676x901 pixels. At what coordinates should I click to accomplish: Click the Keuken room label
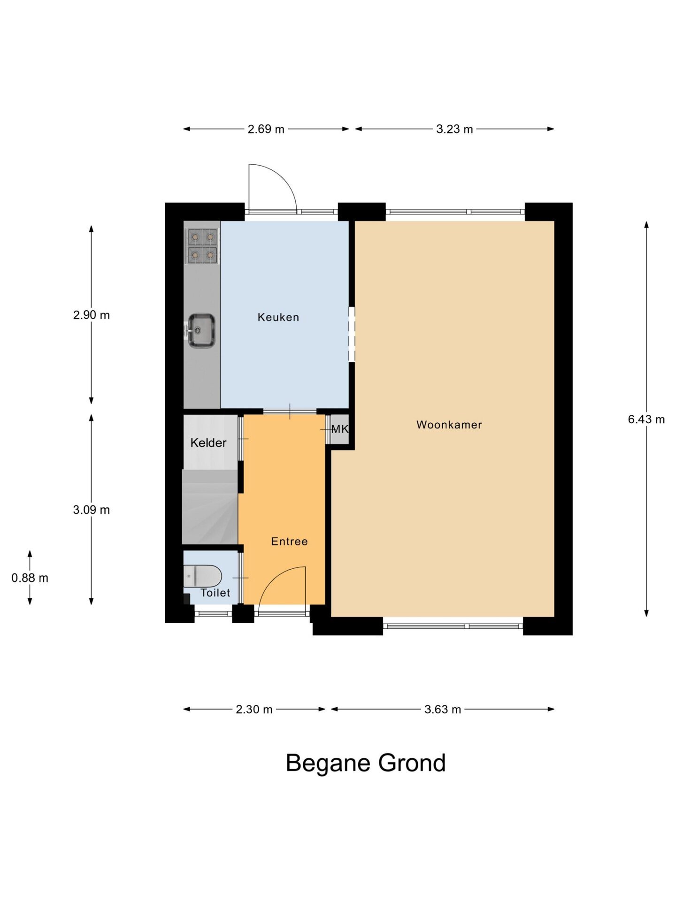point(278,317)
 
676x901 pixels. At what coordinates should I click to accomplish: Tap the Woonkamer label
point(449,425)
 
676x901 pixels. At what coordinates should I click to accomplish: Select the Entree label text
point(289,541)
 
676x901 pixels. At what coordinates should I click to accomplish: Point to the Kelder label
point(208,443)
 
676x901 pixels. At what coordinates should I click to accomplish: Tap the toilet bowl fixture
point(203,575)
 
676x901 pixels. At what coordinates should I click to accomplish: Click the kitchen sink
point(202,330)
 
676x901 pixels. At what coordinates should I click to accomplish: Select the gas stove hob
point(203,246)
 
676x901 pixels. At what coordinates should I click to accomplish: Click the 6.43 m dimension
point(646,419)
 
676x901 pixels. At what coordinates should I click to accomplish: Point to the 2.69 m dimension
point(266,129)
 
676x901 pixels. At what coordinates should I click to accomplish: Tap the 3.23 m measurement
point(454,129)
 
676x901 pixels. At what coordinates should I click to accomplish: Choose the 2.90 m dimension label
point(91,315)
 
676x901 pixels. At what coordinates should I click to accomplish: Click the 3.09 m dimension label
point(91,510)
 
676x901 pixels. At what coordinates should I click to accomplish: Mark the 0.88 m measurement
point(30,578)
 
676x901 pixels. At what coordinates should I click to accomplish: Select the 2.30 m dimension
point(254,709)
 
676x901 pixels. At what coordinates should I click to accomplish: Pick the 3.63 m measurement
point(442,709)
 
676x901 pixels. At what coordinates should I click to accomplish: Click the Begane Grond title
point(365,763)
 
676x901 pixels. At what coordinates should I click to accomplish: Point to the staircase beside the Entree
point(210,507)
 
